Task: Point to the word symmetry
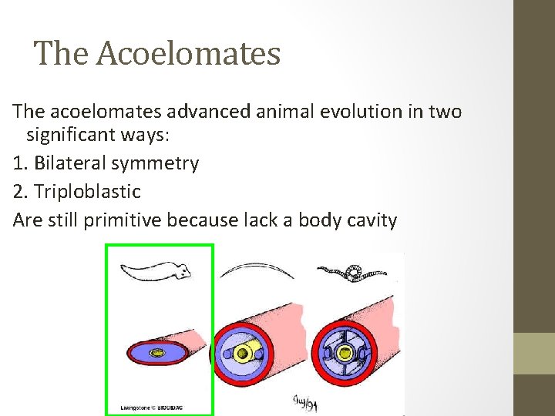(163, 163)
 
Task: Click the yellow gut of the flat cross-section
(160, 354)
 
